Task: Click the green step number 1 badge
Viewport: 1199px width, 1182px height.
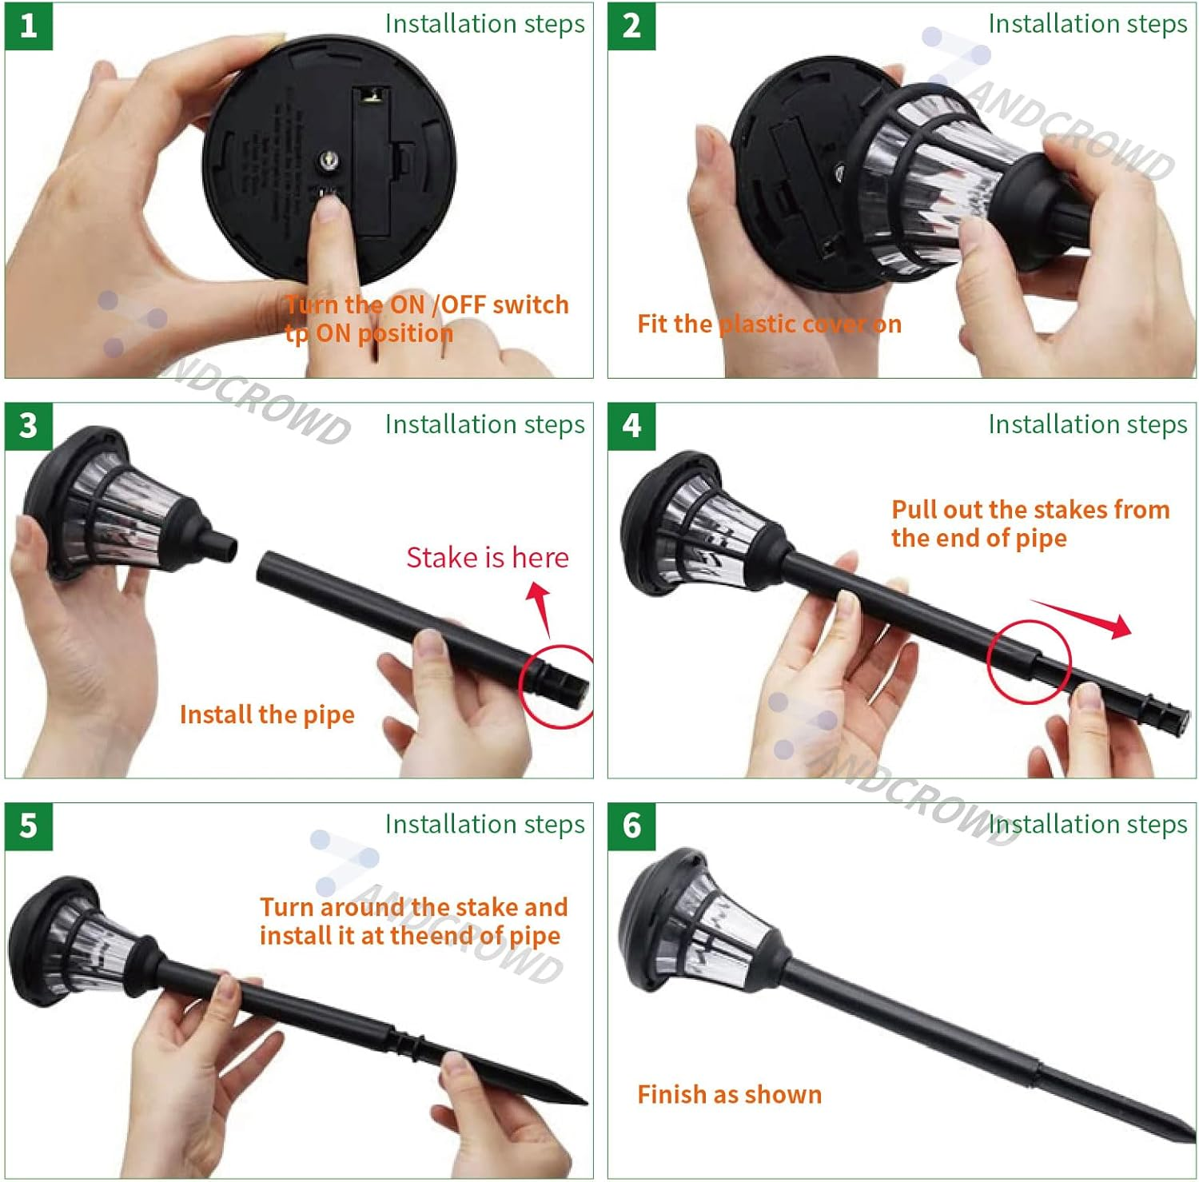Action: point(29,26)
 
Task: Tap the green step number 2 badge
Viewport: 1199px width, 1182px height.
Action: point(631,26)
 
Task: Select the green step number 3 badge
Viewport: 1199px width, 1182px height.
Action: point(29,426)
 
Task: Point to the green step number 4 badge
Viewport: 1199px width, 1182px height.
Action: point(631,426)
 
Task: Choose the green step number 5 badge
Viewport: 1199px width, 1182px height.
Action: point(29,826)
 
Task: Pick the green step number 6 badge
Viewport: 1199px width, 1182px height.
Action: point(631,826)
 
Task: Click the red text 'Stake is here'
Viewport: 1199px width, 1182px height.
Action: point(488,557)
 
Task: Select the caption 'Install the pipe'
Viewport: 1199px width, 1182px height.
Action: point(267,714)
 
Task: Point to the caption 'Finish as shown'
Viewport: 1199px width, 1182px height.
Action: point(729,1094)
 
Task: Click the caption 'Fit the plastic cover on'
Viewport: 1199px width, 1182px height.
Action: point(769,324)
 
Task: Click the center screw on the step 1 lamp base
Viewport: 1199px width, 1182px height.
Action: point(329,161)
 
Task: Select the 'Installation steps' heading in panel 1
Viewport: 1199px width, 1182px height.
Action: point(484,24)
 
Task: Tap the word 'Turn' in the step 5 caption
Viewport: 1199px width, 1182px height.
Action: point(286,907)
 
